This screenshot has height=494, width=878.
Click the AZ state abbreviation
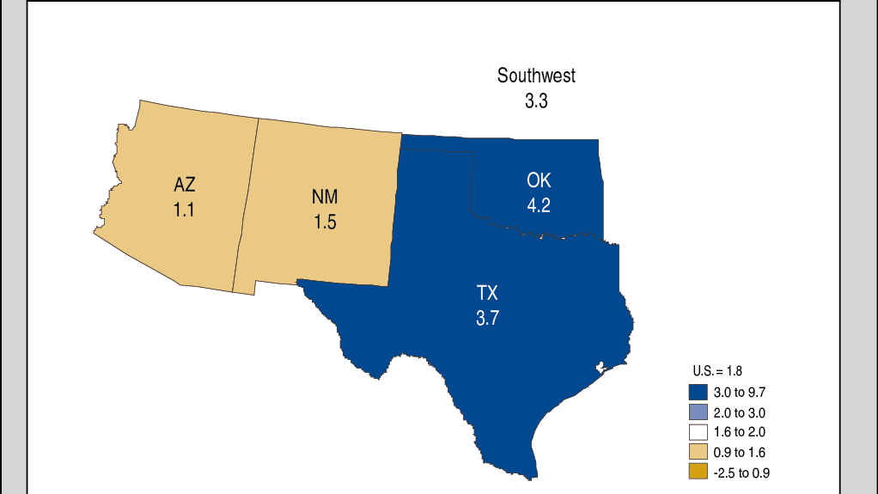[184, 185]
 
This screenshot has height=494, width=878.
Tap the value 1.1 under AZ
[184, 209]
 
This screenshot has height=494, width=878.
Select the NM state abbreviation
[325, 197]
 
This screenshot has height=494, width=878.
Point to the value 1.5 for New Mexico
[325, 222]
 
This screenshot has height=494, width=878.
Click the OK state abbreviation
[539, 180]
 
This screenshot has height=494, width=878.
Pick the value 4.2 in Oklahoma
[539, 205]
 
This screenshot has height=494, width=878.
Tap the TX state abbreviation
[487, 294]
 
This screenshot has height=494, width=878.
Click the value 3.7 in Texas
[487, 319]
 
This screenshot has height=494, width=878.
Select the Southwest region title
[536, 76]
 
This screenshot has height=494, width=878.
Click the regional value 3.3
[536, 101]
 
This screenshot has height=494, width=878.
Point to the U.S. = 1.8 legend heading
[716, 371]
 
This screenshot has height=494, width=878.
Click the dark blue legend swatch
[697, 392]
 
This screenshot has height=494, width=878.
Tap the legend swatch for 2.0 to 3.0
[697, 412]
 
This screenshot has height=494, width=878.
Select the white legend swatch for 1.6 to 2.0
[697, 432]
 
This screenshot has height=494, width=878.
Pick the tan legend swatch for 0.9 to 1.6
[697, 452]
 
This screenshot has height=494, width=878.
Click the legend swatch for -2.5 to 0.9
[697, 472]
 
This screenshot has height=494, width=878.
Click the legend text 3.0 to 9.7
[740, 392]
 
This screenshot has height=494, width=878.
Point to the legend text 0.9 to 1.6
[740, 452]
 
